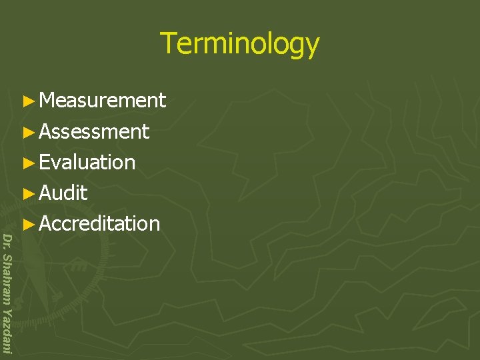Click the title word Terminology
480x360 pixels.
240,44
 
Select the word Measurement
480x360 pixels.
102,101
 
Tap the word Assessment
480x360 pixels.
94,132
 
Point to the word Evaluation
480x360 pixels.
87,163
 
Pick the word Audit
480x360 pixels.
63,193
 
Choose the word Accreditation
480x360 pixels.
99,224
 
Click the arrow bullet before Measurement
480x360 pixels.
27,101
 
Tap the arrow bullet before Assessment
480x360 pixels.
27,133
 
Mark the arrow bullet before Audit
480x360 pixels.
27,194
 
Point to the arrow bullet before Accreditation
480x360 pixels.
27,225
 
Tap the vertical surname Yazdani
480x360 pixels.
7,331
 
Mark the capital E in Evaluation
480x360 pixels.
45,163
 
